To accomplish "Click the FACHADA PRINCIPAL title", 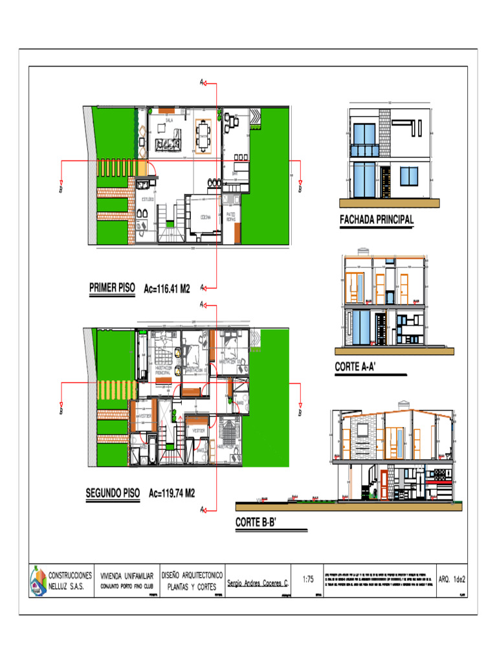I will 377,220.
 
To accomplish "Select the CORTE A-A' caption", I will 356,367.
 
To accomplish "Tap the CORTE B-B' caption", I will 256,523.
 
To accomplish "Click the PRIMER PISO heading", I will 112,289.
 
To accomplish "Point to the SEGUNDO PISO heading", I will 113,493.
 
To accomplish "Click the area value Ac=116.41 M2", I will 166,289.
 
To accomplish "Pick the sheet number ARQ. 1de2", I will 452,579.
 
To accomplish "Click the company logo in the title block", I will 39,580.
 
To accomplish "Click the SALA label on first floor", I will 169,120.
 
